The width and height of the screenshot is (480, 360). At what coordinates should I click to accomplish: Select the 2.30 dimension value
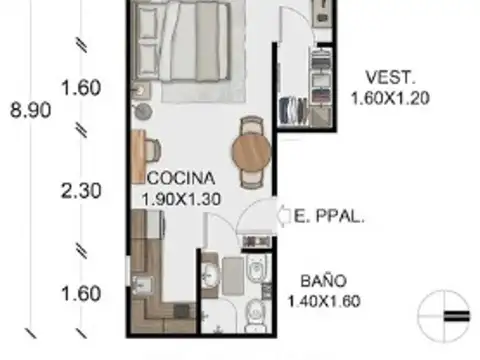(x=80, y=191)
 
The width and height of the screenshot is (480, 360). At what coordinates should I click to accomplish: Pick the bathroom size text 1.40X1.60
(x=321, y=300)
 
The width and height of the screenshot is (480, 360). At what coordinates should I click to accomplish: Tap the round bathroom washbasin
(x=211, y=273)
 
